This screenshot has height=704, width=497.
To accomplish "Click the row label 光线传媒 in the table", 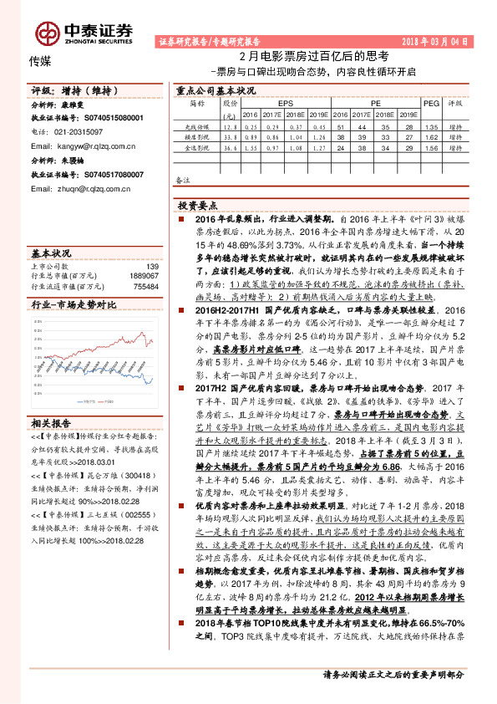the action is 197,124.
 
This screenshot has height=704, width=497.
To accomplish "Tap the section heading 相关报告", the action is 51,422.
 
